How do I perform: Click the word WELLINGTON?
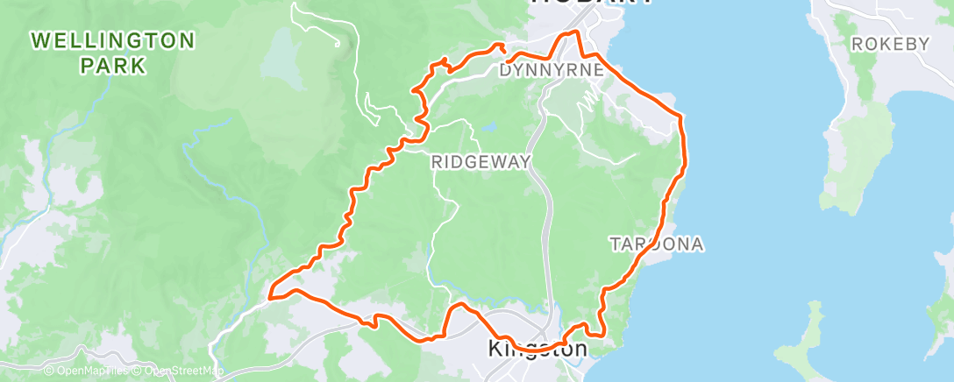point(111,40)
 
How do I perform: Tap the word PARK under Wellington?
point(111,65)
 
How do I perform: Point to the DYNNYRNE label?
point(550,70)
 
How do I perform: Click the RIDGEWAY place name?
point(481,162)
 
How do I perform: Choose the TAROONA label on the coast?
point(657,244)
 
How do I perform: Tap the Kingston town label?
point(538,349)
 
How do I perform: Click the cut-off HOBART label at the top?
point(591,4)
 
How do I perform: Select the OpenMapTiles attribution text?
point(91,371)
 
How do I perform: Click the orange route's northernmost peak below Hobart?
point(575,32)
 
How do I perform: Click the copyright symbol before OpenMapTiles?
point(50,371)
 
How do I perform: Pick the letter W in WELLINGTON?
point(39,40)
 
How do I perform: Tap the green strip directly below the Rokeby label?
point(865,74)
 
